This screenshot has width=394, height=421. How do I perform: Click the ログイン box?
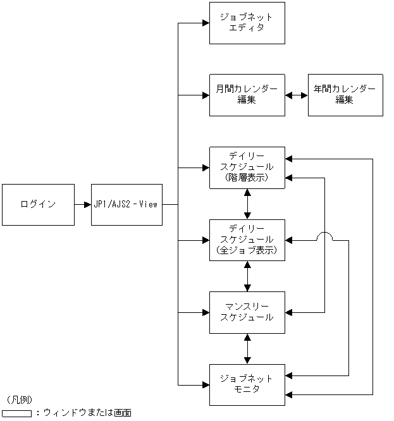pos(38,204)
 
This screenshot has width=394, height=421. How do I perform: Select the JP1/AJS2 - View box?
pos(126,204)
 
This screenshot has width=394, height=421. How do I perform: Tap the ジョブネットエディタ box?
pos(247,23)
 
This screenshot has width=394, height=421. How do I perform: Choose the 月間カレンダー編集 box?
pos(247,95)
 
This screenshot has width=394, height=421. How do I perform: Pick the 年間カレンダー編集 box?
pos(345,95)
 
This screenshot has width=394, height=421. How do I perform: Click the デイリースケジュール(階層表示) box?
pos(247,168)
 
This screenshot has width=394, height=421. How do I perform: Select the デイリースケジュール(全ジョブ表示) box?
pos(247,240)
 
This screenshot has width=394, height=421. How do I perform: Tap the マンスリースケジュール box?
pos(247,312)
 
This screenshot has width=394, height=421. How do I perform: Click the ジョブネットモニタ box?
pos(247,384)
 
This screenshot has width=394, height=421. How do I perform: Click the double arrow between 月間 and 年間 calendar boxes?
pos(296,95)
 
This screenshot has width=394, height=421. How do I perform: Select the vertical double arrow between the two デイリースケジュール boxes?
pos(247,204)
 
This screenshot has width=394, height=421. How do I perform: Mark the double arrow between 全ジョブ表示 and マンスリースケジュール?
pos(247,276)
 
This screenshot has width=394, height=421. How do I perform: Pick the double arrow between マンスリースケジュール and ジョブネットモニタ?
pos(247,348)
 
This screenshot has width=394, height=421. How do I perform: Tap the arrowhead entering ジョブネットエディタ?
pos(206,23)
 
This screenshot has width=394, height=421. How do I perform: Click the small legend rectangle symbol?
pos(16,413)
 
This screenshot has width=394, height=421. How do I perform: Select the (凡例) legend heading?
pos(19,400)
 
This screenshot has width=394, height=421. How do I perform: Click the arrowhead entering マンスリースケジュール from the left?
pos(206,312)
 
